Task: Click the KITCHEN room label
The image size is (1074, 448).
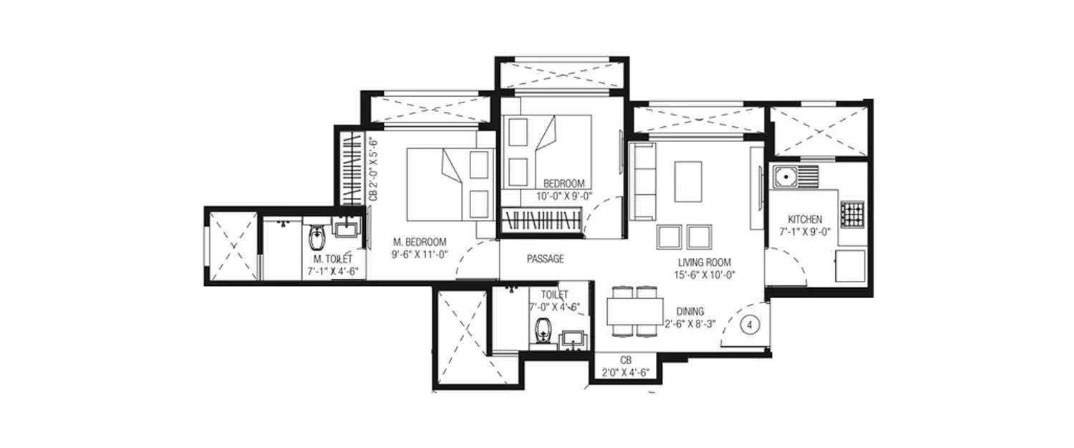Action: point(805,219)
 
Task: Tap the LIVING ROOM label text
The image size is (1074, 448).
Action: point(705,262)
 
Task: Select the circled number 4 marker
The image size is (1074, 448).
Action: point(750,325)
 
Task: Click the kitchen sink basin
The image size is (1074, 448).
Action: point(785,174)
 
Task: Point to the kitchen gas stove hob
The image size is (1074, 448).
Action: point(851,214)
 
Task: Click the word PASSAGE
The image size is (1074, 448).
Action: point(546,259)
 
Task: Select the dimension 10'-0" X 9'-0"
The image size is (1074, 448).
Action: point(564,195)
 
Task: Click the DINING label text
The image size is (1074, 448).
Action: point(690,311)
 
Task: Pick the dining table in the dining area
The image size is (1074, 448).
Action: point(634,311)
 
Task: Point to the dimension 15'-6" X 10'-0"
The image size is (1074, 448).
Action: point(705,274)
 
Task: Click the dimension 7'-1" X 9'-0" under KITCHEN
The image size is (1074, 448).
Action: point(805,232)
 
